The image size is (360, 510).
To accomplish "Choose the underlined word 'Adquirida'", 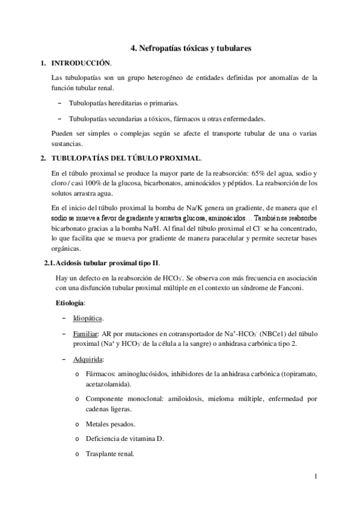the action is (88, 359).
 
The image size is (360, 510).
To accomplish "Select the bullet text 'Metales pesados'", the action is (111, 423).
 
